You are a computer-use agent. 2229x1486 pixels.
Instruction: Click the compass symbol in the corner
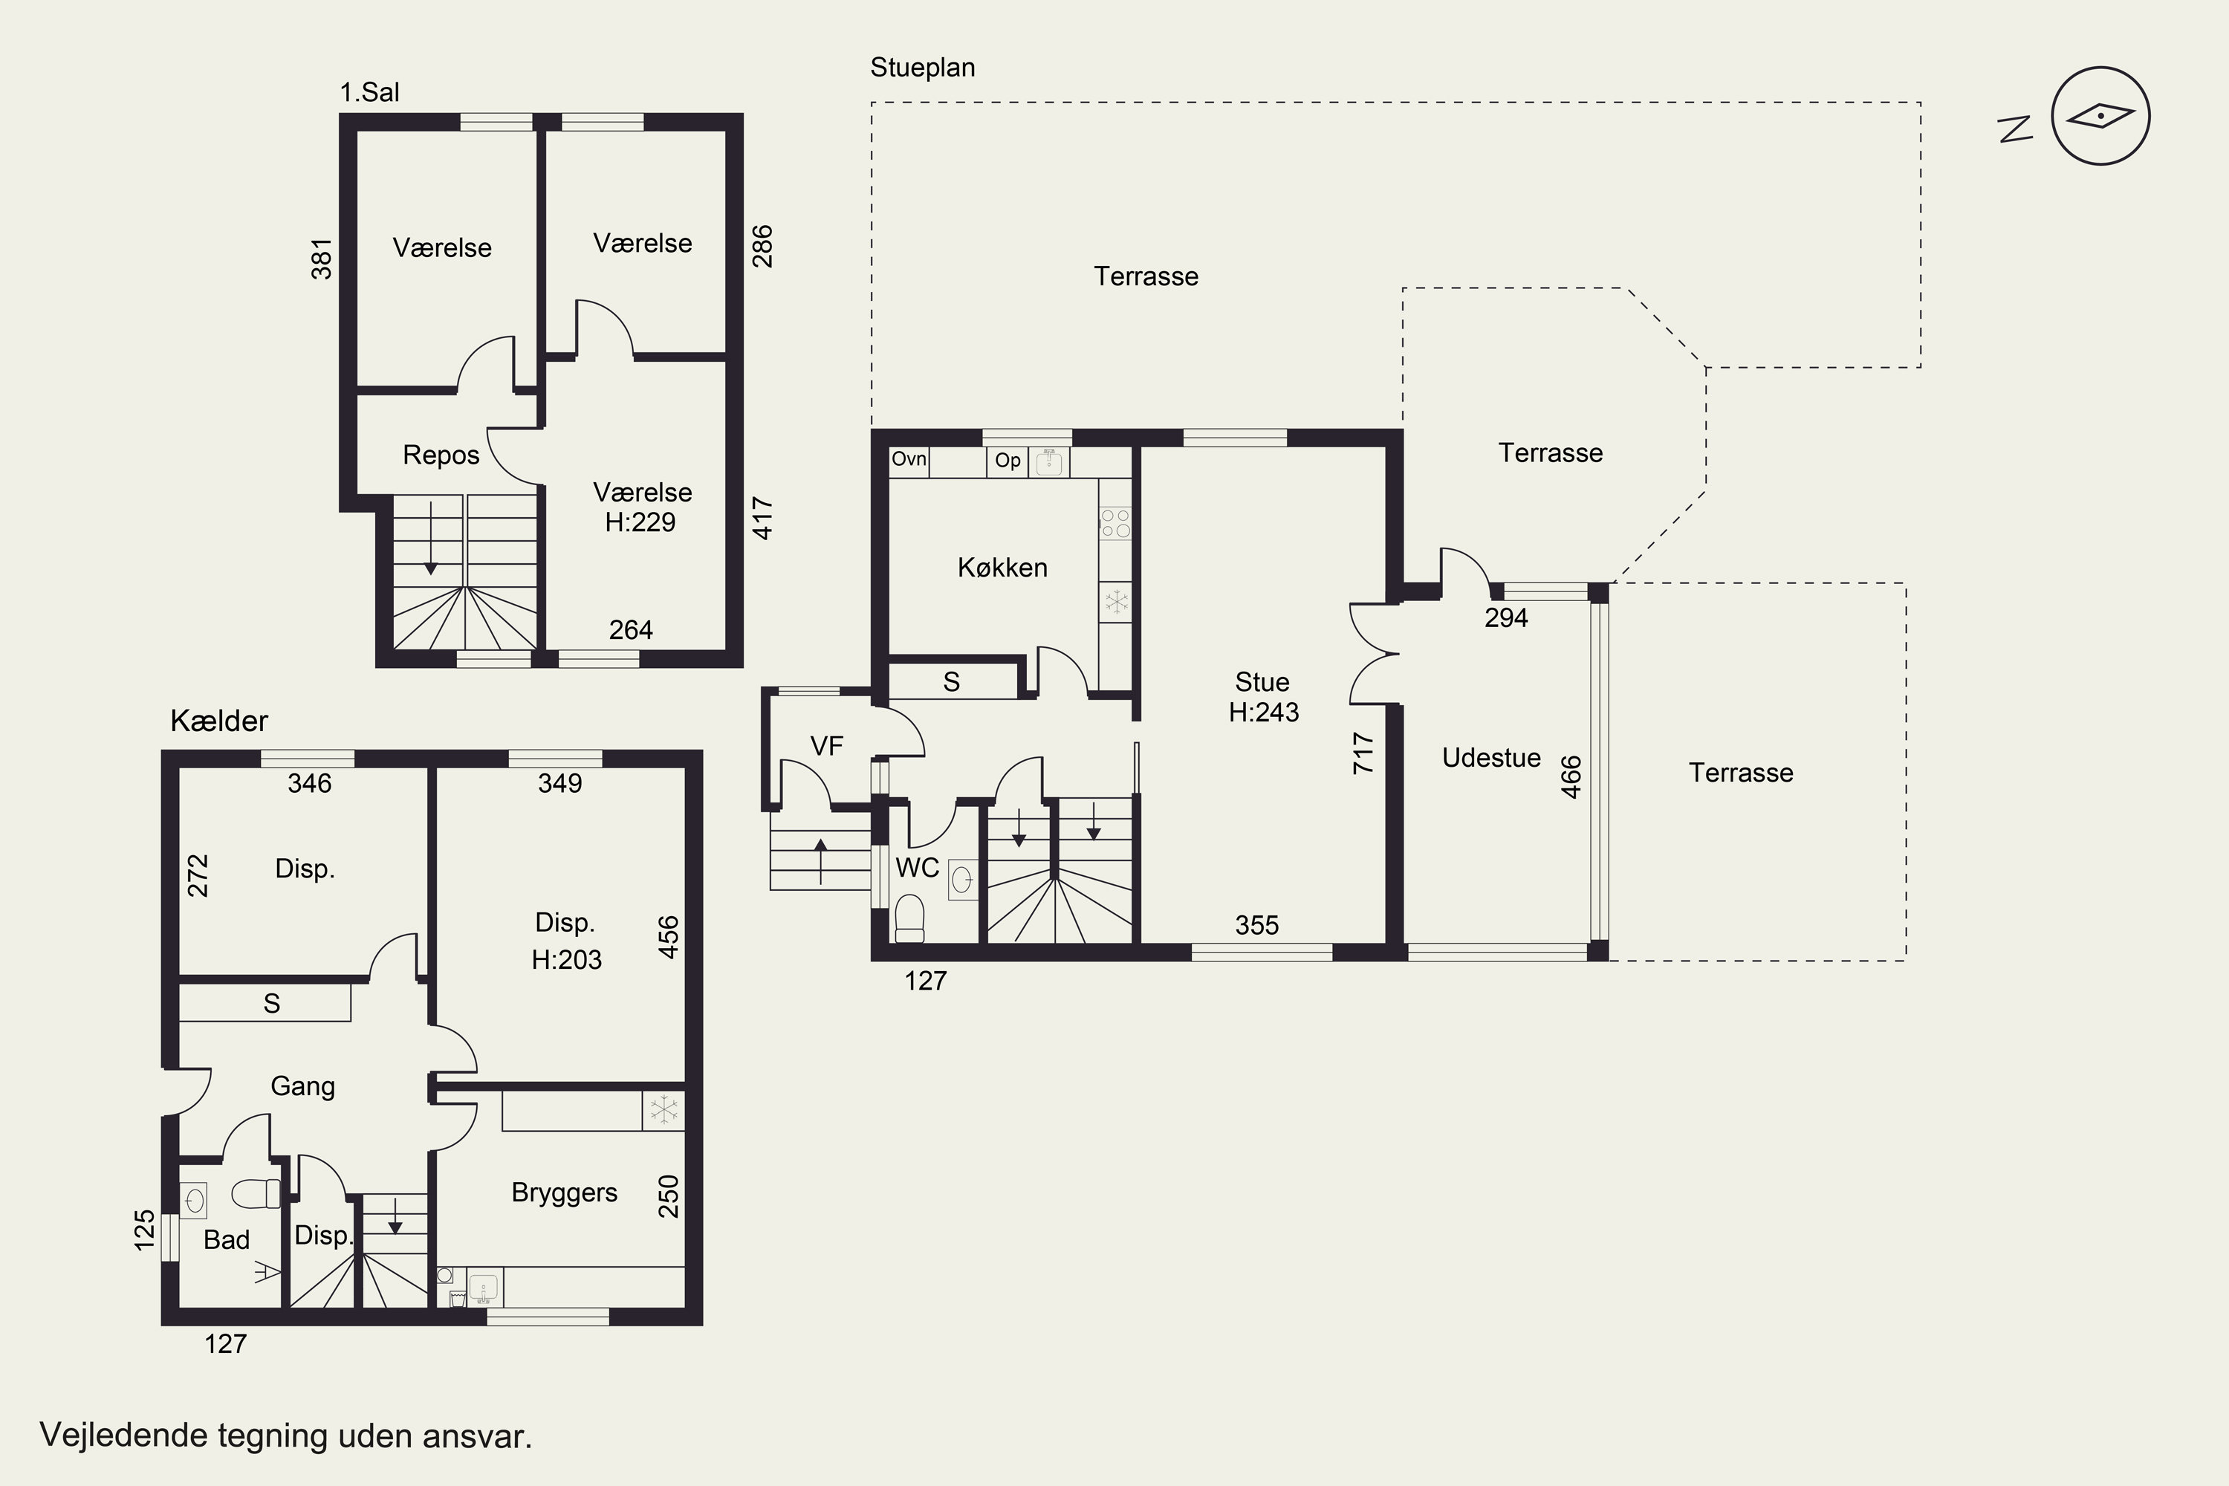pyautogui.click(x=2100, y=116)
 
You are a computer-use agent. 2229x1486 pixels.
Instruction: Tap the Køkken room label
pyautogui.click(x=1002, y=568)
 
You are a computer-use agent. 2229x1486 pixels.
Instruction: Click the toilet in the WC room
pyautogui.click(x=909, y=918)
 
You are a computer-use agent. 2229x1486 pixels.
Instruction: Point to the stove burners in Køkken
pyautogui.click(x=1115, y=523)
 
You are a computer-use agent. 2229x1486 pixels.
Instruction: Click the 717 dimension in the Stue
pyautogui.click(x=1363, y=753)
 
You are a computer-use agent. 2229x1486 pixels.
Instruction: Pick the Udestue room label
pyautogui.click(x=1490, y=758)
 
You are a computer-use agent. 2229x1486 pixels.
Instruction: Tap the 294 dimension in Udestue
pyautogui.click(x=1506, y=618)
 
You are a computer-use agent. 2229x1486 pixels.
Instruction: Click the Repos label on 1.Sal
pyautogui.click(x=441, y=456)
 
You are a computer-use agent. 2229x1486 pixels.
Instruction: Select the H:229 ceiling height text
pyautogui.click(x=640, y=522)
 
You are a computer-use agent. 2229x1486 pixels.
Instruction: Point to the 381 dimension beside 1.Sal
pyautogui.click(x=322, y=259)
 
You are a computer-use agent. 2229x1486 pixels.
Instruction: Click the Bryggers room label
pyautogui.click(x=564, y=1193)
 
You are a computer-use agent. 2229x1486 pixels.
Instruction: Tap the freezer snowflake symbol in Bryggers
pyautogui.click(x=663, y=1110)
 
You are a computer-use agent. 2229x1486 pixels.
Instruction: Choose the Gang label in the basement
pyautogui.click(x=302, y=1087)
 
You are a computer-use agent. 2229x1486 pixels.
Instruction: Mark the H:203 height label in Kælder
pyautogui.click(x=567, y=960)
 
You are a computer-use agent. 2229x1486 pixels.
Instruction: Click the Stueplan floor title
pyautogui.click(x=922, y=68)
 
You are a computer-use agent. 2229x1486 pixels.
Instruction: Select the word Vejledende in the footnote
pyautogui.click(x=124, y=1435)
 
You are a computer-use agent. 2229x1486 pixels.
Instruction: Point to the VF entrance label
pyautogui.click(x=826, y=747)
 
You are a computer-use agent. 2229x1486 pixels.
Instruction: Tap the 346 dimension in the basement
pyautogui.click(x=310, y=783)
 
